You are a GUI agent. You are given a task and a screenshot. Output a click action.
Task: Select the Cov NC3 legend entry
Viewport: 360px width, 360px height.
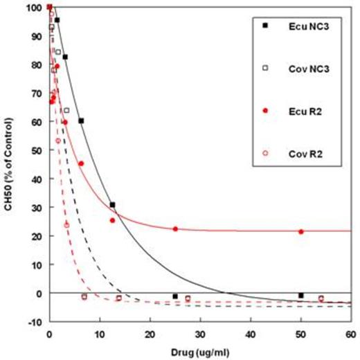click(x=300, y=69)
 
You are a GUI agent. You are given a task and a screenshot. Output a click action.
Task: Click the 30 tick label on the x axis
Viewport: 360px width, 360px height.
click(x=199, y=334)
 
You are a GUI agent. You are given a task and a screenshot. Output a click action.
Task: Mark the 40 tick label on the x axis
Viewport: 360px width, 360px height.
click(x=250, y=334)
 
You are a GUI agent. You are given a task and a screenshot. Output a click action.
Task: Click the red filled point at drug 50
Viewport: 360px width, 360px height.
click(x=300, y=231)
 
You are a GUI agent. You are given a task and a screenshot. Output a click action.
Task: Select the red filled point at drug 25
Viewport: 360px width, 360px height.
click(x=175, y=228)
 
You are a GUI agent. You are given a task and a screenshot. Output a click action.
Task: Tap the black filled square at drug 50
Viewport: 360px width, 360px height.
click(x=300, y=296)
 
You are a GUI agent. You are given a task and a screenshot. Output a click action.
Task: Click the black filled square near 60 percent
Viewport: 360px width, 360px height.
click(x=81, y=120)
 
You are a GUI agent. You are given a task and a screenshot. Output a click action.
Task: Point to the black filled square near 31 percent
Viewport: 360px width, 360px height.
click(x=112, y=204)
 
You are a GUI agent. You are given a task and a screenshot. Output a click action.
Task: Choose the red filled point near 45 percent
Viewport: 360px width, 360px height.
click(x=81, y=163)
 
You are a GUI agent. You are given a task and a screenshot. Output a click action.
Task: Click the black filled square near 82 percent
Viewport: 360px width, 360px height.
click(x=65, y=57)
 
